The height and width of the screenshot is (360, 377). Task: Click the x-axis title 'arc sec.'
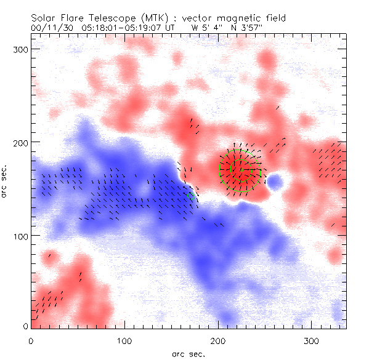[188, 353]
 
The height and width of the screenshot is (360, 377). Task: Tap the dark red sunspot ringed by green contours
[241, 170]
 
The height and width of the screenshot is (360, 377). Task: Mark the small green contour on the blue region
[191, 196]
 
